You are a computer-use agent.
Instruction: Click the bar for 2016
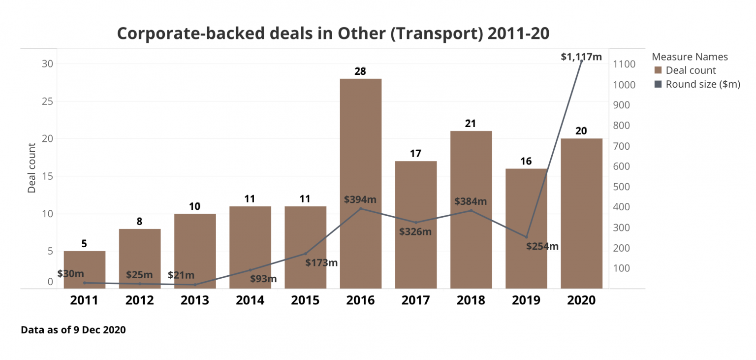click(360, 148)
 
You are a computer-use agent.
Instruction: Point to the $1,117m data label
click(581, 57)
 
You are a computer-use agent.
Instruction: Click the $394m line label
click(360, 199)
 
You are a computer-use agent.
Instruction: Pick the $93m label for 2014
click(263, 279)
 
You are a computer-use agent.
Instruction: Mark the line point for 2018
click(471, 211)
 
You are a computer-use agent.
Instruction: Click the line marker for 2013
click(195, 285)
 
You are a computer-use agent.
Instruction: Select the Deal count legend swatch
click(658, 70)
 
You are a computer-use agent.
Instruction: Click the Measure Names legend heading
click(690, 57)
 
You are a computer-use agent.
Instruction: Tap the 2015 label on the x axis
click(305, 300)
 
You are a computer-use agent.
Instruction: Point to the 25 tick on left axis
click(47, 101)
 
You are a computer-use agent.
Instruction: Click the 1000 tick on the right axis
click(624, 85)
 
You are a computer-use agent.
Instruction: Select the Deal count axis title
click(32, 168)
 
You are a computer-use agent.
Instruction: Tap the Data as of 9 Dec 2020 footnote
click(73, 330)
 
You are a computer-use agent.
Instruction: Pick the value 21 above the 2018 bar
click(471, 123)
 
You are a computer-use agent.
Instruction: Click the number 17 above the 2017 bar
click(415, 153)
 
